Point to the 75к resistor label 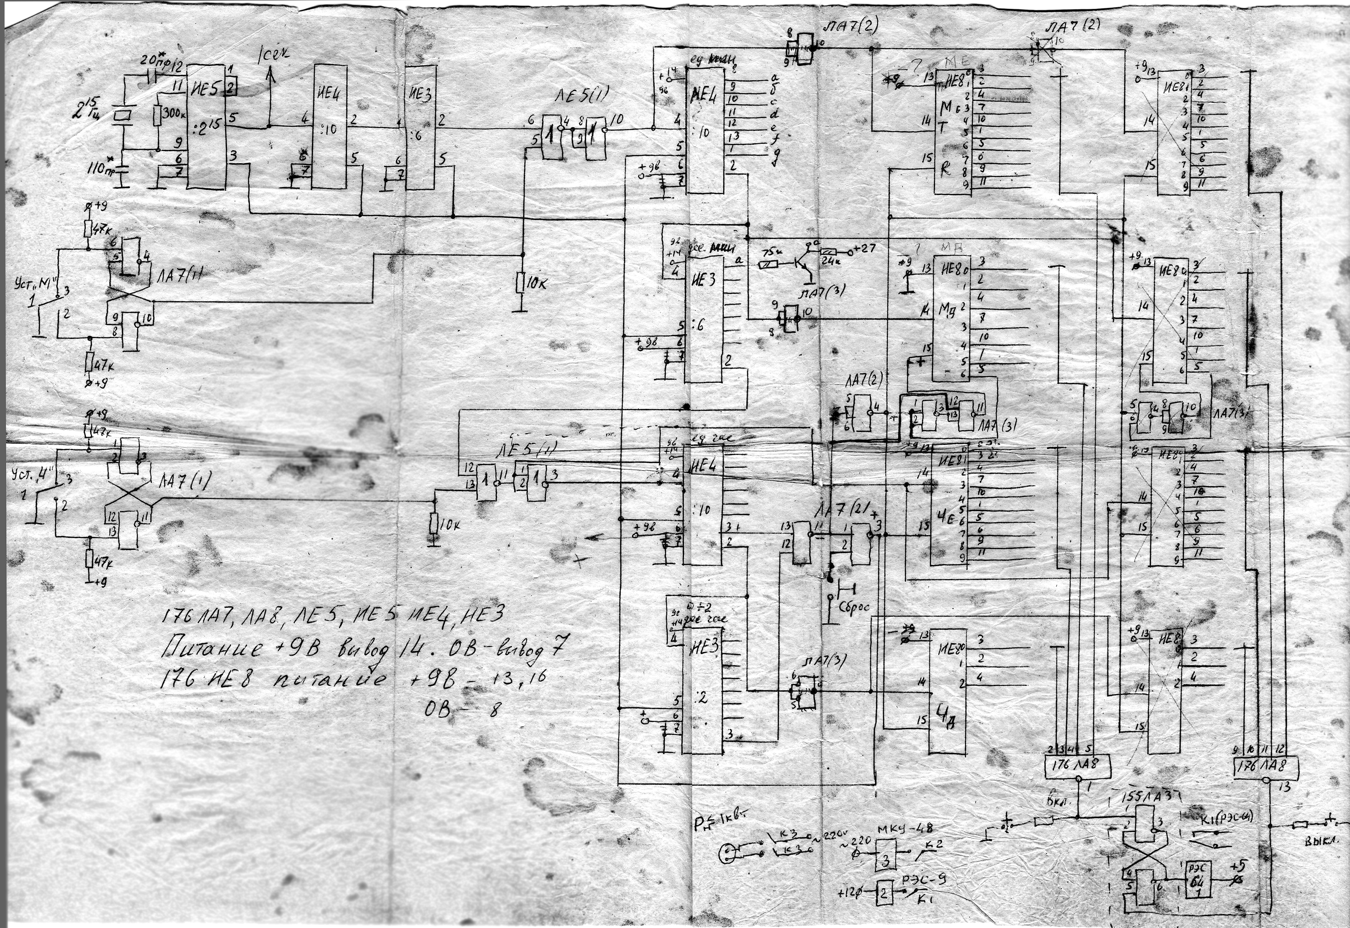[772, 253]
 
